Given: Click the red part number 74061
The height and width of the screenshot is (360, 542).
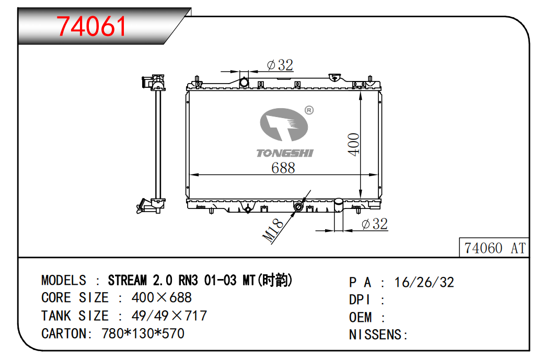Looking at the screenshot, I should click(91, 26).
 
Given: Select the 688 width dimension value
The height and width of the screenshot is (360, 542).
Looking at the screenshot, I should click(283, 168).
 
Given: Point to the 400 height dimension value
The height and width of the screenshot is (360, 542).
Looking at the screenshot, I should click(354, 144).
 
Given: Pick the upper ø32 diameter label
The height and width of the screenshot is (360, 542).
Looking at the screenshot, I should click(280, 65).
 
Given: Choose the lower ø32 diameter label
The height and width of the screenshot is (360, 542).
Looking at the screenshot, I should click(374, 224).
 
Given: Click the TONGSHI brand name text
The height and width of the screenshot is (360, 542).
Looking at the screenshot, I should click(284, 153).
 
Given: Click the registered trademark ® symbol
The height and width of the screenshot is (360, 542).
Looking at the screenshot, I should click(308, 110).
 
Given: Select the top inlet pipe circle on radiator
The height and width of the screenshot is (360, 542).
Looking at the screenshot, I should click(244, 83).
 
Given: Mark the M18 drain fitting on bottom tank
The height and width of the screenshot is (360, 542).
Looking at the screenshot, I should click(298, 207).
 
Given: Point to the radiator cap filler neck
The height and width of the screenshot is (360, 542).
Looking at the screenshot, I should click(335, 77).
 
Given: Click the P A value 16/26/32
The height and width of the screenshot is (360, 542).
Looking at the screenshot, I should click(424, 282).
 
